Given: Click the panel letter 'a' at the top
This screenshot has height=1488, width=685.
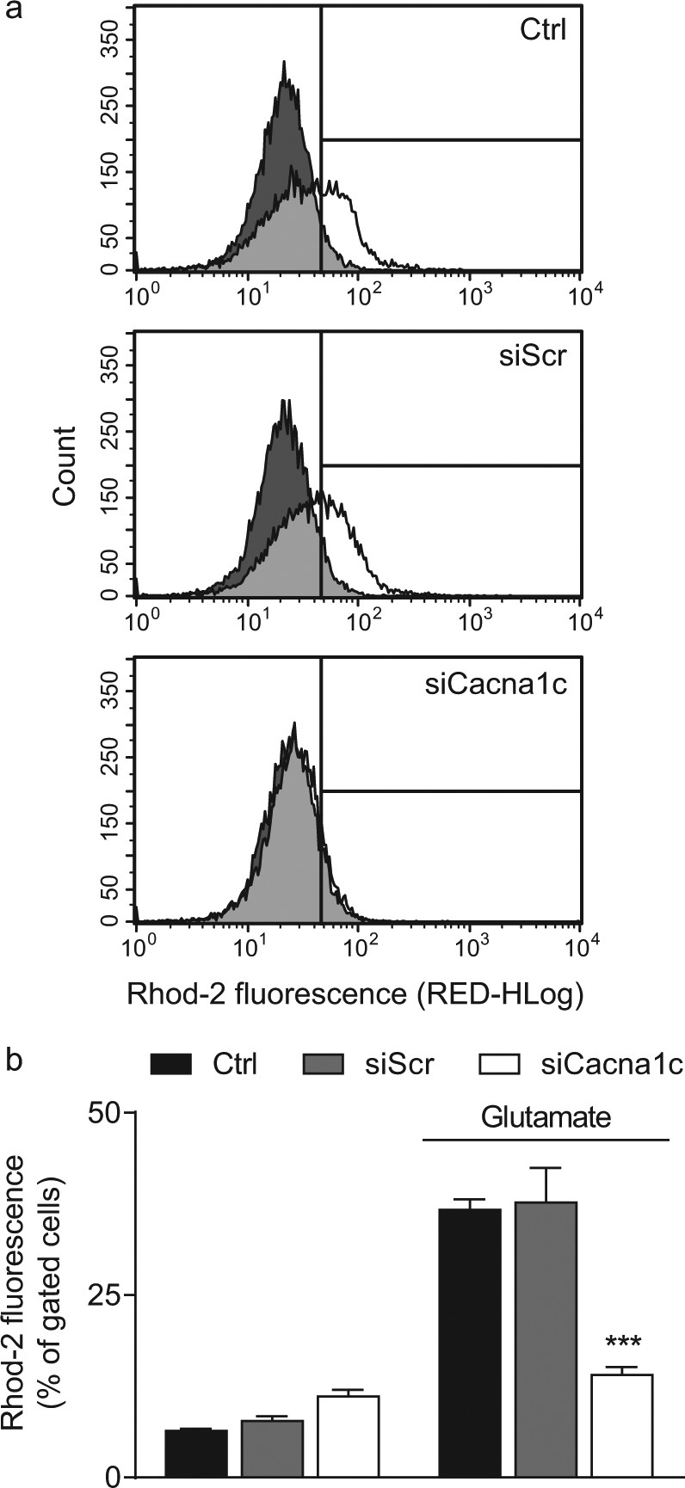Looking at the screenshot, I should point(13,15).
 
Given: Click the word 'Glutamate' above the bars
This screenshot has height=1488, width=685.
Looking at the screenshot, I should point(546,1117).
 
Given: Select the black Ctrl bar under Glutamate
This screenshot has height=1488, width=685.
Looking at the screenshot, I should point(469,1342).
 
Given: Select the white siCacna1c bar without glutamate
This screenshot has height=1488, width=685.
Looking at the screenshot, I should point(348,1436).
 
